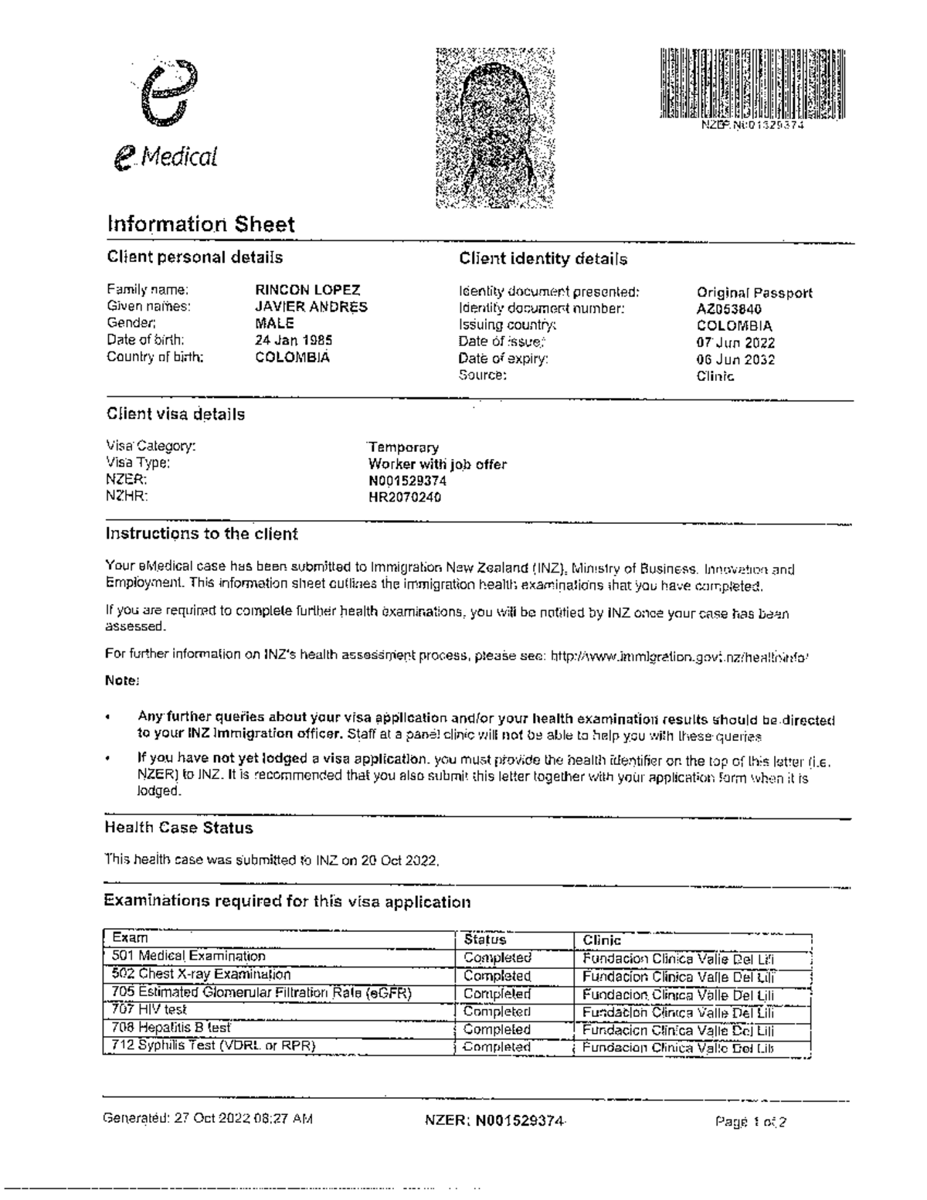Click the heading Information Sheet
tap(201, 225)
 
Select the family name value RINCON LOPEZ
tap(307, 291)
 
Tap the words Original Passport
tap(754, 293)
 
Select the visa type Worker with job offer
tap(437, 464)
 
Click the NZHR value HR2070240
tap(405, 498)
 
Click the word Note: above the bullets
tap(121, 681)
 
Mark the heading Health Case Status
tap(178, 828)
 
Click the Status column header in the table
tap(484, 940)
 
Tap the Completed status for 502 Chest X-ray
tap(497, 976)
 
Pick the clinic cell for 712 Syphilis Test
tap(678, 1048)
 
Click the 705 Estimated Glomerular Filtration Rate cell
tap(262, 993)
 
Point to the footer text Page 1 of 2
tap(751, 1122)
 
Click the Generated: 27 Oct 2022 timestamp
tap(209, 1118)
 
